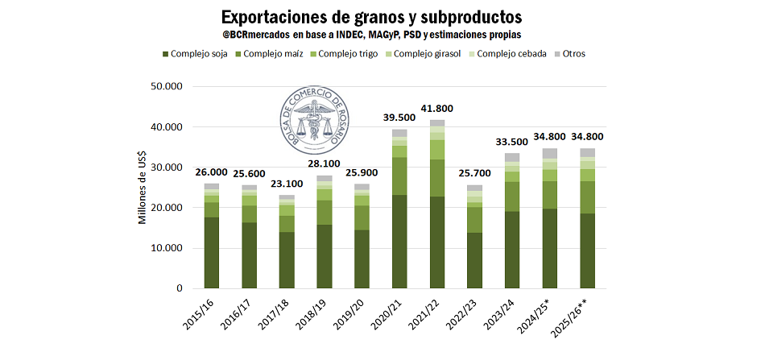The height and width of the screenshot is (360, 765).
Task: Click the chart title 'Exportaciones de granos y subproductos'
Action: (371, 16)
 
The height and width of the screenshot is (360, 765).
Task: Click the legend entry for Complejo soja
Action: (198, 54)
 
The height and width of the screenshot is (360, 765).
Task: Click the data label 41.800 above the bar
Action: (437, 109)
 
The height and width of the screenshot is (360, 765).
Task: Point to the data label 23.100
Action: (287, 184)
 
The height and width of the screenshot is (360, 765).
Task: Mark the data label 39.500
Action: (399, 118)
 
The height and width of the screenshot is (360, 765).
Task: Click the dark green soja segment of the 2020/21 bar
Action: (399, 242)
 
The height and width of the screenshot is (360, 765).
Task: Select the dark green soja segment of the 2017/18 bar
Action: (287, 259)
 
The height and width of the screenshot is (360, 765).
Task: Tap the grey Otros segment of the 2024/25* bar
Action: (549, 153)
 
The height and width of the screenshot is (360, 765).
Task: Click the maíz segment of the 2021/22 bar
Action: (437, 178)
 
